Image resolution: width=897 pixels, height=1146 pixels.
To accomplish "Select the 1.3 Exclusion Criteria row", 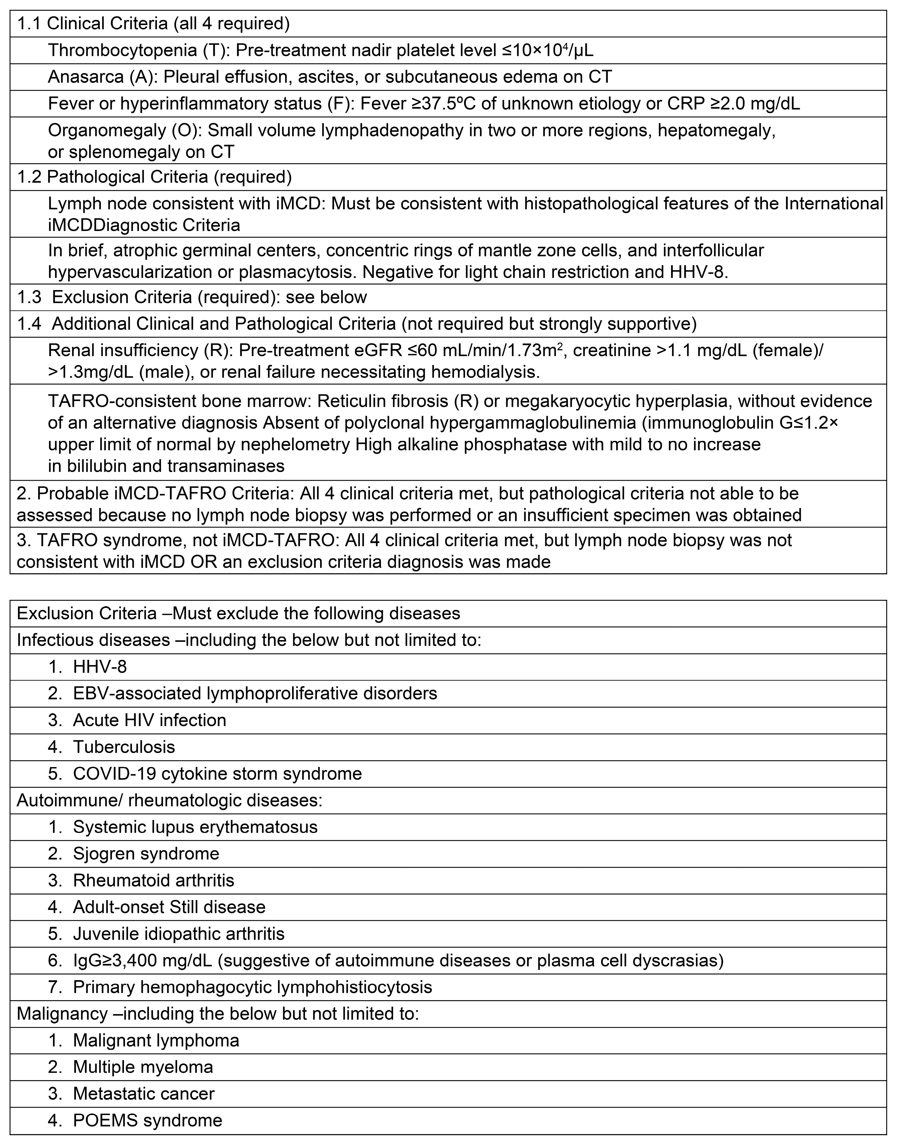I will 192,297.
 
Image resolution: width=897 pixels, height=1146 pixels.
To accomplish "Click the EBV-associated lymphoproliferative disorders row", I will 255,693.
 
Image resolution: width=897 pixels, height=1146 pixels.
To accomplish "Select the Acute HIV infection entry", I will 149,720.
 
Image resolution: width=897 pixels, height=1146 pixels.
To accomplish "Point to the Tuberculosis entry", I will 124,747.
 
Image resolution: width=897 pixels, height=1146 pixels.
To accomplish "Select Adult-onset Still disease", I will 169,907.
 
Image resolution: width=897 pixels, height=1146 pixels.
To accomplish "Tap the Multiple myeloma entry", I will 143,1067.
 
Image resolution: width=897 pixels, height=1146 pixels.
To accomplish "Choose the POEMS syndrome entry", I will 147,1121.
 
